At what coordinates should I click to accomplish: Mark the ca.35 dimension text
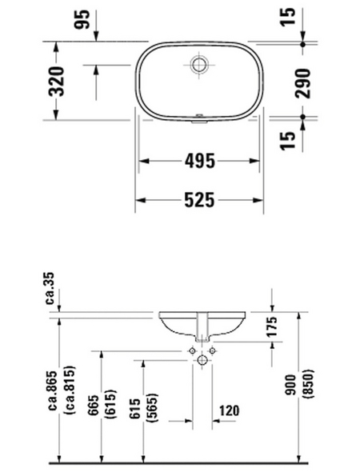(x=50, y=289)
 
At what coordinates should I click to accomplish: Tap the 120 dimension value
(x=230, y=411)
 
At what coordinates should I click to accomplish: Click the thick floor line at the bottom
(x=180, y=462)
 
